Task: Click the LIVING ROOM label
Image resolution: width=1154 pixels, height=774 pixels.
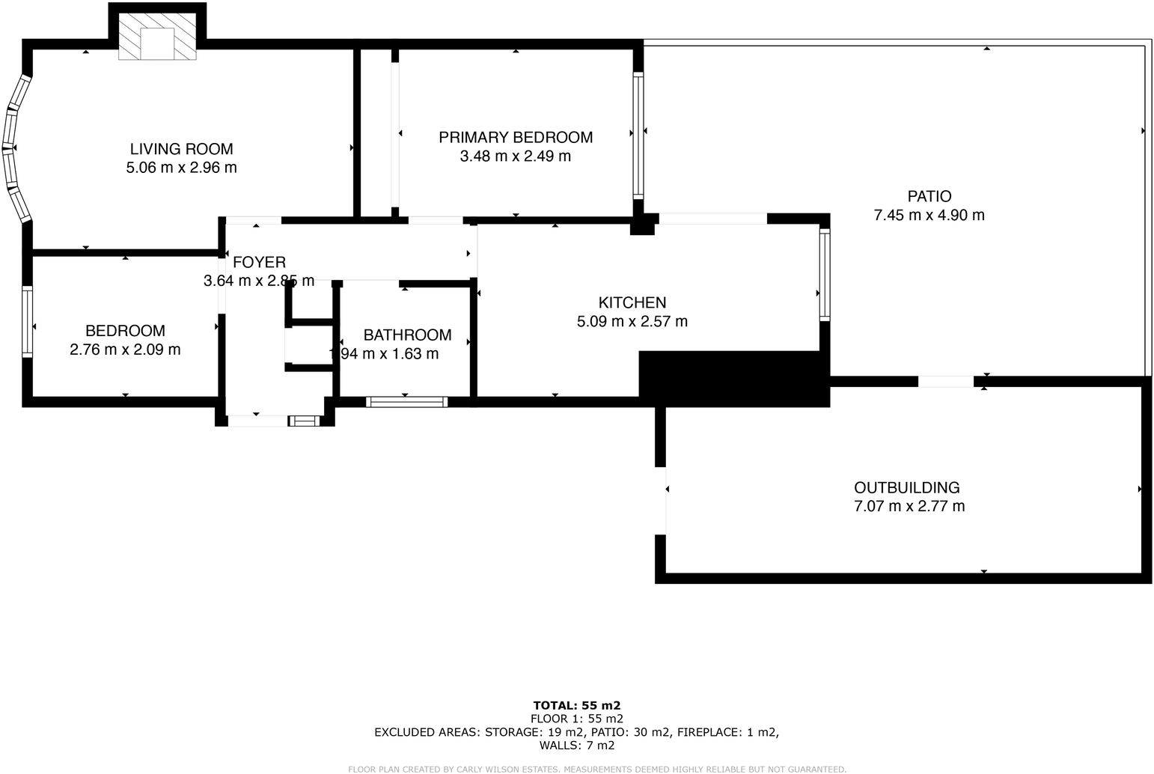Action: [181, 149]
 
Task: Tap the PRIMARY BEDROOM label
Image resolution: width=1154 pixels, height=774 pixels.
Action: [515, 138]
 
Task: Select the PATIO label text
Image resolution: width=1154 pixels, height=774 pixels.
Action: [929, 196]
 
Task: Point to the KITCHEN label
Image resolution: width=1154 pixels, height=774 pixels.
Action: [632, 302]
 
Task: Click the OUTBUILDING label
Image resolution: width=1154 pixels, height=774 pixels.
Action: [906, 487]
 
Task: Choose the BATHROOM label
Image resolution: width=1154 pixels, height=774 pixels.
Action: [407, 335]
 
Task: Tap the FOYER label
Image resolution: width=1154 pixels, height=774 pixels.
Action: [259, 262]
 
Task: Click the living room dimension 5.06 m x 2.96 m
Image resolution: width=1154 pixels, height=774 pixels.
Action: [181, 168]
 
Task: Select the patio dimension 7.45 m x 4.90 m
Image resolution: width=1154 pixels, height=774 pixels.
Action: [929, 216]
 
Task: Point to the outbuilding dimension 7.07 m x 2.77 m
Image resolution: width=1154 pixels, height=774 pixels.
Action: [909, 506]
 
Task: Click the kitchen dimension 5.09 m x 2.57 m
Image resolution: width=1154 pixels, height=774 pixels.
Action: [632, 322]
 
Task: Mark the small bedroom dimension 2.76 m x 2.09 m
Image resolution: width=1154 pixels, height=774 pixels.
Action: [125, 350]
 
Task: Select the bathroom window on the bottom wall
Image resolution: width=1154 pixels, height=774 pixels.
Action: [406, 402]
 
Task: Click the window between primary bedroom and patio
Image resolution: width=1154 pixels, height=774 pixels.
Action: [638, 134]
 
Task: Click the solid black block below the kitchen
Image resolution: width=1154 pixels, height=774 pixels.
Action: [733, 379]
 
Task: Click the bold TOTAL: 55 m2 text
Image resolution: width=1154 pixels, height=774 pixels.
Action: [576, 705]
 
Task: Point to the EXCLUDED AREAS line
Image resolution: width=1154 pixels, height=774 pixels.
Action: [576, 732]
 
